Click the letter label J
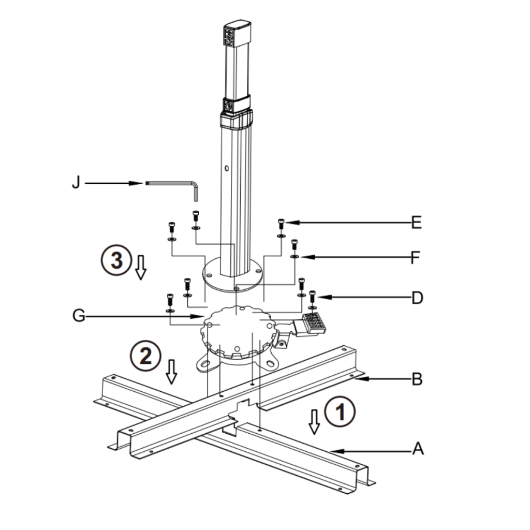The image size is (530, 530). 76,183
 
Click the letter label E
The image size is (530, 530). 416,223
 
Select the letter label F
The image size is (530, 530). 415,257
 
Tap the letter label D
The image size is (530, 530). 417,298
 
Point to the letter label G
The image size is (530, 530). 79,316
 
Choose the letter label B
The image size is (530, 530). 417,379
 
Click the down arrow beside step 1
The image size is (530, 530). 314,421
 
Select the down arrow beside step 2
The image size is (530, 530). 171,371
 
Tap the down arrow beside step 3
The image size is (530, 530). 140,267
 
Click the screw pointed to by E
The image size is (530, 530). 281,224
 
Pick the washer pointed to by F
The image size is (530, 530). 294,255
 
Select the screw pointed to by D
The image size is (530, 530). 312,297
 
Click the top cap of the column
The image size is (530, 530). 238,26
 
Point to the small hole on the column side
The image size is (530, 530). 227,168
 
